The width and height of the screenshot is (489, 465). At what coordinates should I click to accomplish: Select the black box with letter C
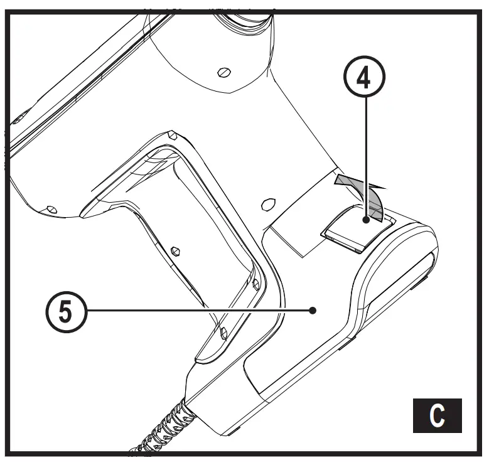click(437, 415)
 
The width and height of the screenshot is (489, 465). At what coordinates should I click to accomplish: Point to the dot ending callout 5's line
click(312, 309)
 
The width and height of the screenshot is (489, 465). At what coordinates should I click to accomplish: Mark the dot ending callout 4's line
click(366, 220)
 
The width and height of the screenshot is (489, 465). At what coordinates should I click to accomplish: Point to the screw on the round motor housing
click(222, 72)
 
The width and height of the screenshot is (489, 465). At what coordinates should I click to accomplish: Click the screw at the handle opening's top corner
click(171, 134)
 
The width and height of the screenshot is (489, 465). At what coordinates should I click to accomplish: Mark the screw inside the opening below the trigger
click(176, 250)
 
